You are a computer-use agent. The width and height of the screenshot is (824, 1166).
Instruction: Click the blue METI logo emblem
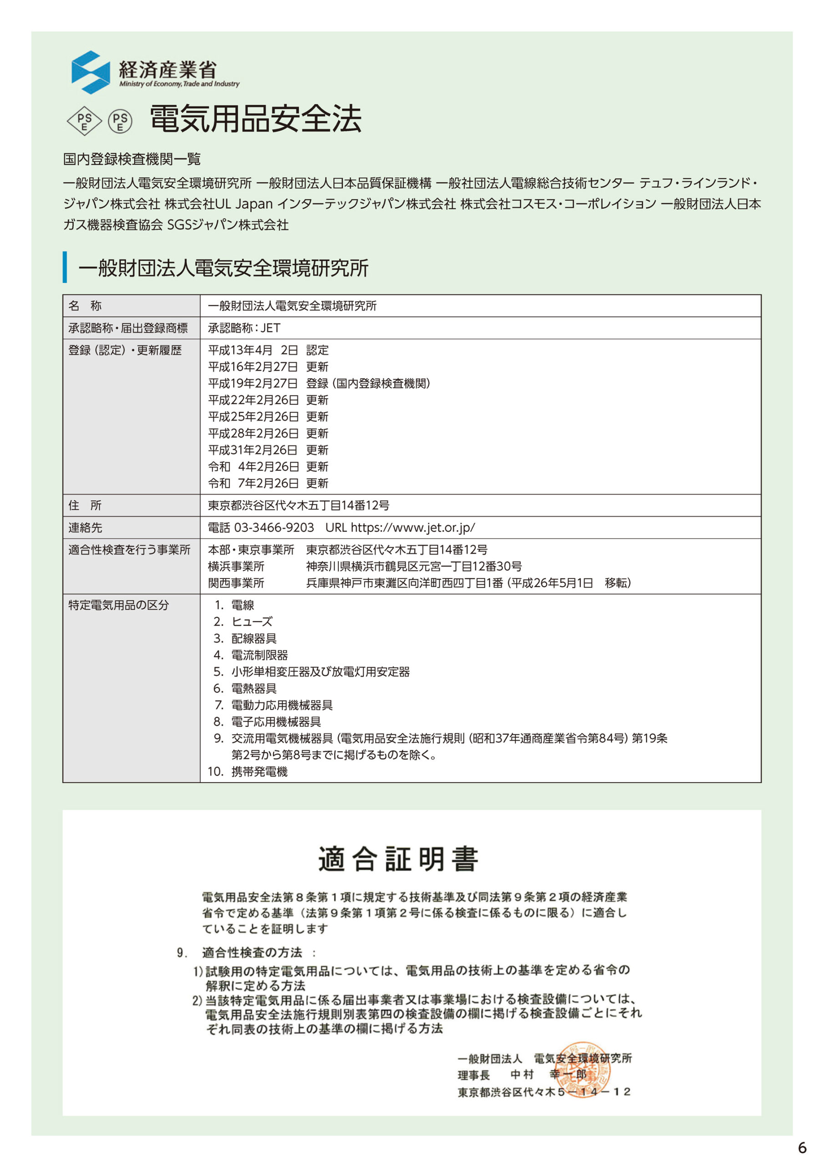pyautogui.click(x=91, y=72)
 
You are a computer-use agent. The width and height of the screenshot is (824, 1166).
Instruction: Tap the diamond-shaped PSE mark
pyautogui.click(x=84, y=121)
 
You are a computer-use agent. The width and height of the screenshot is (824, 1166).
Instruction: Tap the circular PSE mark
pyautogui.click(x=120, y=121)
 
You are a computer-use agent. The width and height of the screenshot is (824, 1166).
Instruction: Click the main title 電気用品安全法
pyautogui.click(x=255, y=119)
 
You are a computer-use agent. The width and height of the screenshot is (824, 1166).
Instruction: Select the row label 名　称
pyautogui.click(x=85, y=305)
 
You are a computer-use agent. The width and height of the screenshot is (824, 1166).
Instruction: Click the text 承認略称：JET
pyautogui.click(x=244, y=327)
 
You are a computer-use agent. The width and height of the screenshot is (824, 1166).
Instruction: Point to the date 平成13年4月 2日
pyautogui.click(x=252, y=350)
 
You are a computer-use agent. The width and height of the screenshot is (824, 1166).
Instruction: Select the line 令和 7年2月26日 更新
pyautogui.click(x=268, y=483)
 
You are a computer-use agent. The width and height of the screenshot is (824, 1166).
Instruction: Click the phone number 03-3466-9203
pyautogui.click(x=274, y=527)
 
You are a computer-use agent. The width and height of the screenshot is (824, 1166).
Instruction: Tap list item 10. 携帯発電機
pyautogui.click(x=247, y=772)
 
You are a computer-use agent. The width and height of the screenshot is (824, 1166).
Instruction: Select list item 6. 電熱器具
pyautogui.click(x=245, y=688)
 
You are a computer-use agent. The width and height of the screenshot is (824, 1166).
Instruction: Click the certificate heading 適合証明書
pyautogui.click(x=398, y=859)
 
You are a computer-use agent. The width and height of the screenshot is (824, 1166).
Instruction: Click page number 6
pyautogui.click(x=802, y=1148)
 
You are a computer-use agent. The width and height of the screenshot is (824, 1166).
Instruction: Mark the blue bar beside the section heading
pyautogui.click(x=65, y=267)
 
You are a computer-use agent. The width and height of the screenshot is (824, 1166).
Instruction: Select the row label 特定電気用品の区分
pyautogui.click(x=118, y=605)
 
